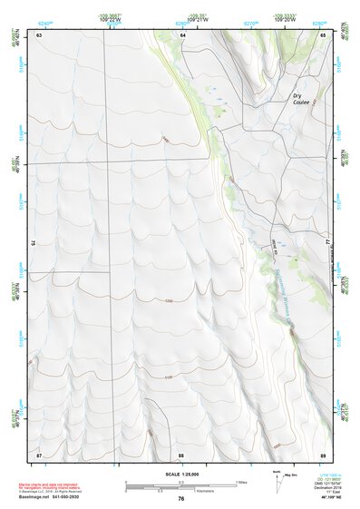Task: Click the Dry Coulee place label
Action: (x=300, y=99)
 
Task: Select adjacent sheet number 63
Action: (x=39, y=34)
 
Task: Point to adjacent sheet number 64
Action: (x=182, y=34)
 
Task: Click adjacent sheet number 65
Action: (x=323, y=34)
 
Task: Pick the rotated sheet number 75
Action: (x=34, y=243)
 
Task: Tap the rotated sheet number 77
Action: (x=328, y=243)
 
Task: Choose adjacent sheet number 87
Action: (x=39, y=454)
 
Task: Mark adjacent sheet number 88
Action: (x=181, y=454)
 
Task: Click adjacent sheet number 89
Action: (x=323, y=454)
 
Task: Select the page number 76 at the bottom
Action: (x=181, y=498)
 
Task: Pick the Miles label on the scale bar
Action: (x=242, y=481)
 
